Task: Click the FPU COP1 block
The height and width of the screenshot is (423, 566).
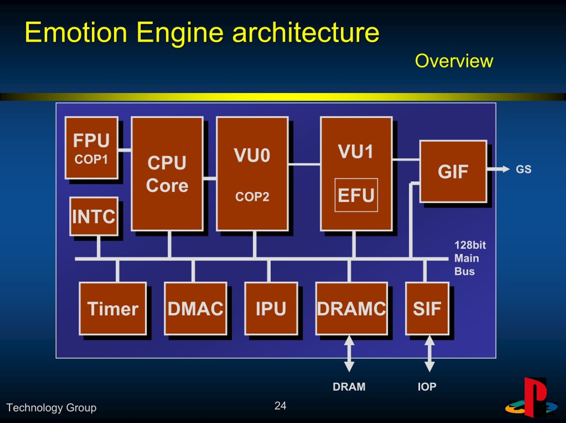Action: click(x=92, y=148)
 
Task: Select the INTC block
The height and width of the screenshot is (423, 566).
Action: click(x=94, y=216)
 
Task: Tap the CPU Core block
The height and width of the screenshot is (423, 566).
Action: click(x=167, y=174)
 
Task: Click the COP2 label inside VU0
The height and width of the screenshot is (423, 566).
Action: click(x=252, y=197)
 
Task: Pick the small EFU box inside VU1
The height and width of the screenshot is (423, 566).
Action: click(x=356, y=195)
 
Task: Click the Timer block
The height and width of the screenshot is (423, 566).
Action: click(x=113, y=309)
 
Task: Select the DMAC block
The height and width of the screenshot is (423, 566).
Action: click(x=195, y=309)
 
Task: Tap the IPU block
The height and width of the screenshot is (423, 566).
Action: click(x=271, y=309)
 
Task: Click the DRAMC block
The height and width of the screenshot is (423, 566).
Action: click(x=352, y=309)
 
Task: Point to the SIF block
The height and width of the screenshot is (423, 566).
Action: click(x=427, y=309)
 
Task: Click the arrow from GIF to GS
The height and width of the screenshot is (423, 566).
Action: click(x=498, y=169)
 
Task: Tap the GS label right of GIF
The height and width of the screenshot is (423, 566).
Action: click(x=524, y=169)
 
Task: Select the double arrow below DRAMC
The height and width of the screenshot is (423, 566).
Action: click(x=349, y=353)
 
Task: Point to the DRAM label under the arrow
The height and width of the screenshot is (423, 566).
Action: click(x=349, y=387)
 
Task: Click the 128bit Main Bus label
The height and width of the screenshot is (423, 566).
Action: click(x=470, y=258)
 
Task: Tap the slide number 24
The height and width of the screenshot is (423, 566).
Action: click(x=280, y=406)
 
